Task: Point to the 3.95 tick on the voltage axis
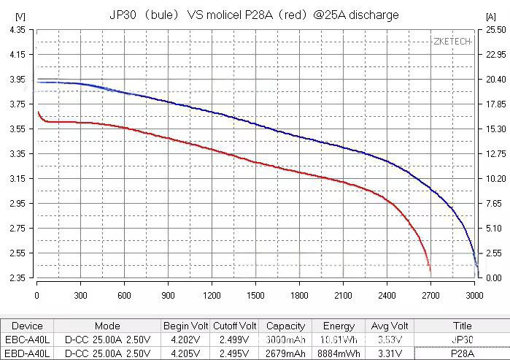(15, 79)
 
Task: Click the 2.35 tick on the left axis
(15, 278)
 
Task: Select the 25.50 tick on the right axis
(495, 29)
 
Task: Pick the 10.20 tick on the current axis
(495, 179)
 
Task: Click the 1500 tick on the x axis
(255, 295)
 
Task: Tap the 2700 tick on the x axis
(430, 295)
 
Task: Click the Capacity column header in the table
(285, 326)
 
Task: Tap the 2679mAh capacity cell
(285, 353)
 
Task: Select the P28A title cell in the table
(462, 353)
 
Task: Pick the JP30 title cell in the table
(462, 340)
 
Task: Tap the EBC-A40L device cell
(27, 340)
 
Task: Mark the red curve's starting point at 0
(37, 111)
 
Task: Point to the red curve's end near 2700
(430, 272)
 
